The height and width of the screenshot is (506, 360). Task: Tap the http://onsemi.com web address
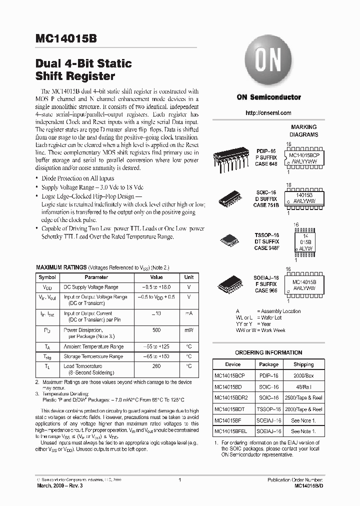click(x=268, y=113)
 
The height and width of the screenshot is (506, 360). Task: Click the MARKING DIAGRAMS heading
click(x=304, y=131)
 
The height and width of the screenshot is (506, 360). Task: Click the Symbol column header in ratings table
click(x=47, y=277)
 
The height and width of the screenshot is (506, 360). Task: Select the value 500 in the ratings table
click(x=156, y=330)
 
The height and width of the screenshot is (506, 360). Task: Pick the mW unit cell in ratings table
click(x=189, y=330)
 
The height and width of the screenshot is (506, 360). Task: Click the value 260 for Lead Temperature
click(x=156, y=366)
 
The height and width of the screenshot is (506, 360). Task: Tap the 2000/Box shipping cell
click(x=303, y=375)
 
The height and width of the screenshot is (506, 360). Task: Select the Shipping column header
click(x=303, y=364)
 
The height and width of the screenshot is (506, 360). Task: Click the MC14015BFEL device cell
click(x=231, y=430)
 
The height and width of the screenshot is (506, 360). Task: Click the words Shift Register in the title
click(x=75, y=76)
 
